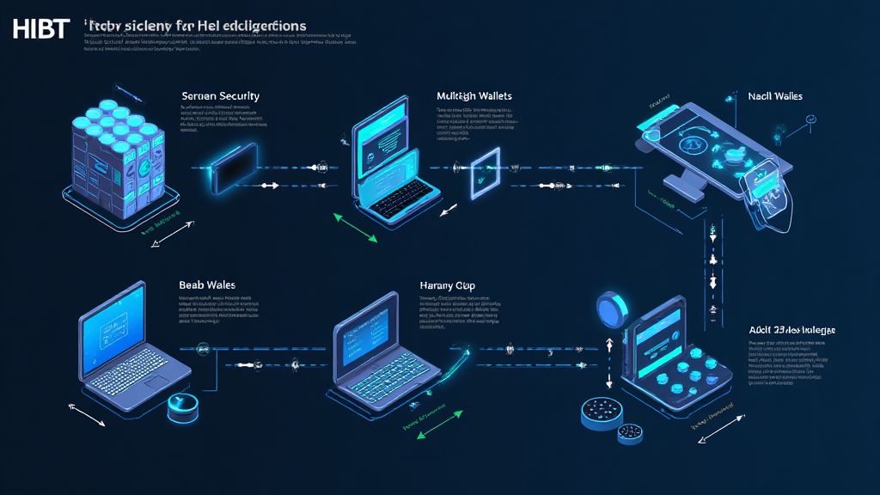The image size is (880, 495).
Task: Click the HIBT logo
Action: point(40,28)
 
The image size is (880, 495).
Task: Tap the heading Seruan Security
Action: point(220,96)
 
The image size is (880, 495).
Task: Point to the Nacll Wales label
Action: point(774,96)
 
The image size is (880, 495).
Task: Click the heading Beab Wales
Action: point(207,284)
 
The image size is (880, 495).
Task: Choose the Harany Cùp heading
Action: point(447,284)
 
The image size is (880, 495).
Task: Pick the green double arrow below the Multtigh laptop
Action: point(354,228)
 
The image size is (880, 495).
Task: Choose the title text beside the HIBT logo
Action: point(196,27)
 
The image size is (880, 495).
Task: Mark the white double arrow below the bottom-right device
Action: point(722,426)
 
